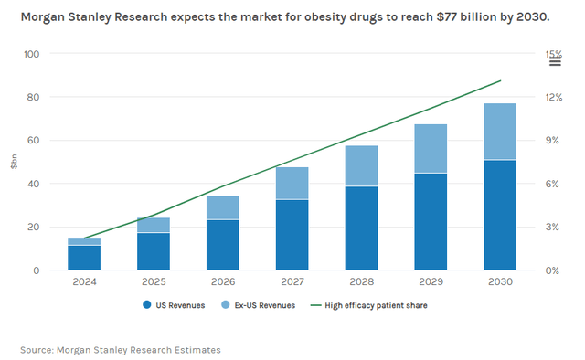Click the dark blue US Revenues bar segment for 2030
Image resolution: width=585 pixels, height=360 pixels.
pyautogui.click(x=500, y=215)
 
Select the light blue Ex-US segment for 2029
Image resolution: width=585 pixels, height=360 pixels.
pyautogui.click(x=431, y=148)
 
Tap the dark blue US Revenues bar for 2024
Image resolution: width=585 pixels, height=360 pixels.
pyautogui.click(x=84, y=258)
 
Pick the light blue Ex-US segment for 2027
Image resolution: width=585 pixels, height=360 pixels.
pyautogui.click(x=292, y=183)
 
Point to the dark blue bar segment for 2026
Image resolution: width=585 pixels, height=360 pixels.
pyautogui.click(x=222, y=244)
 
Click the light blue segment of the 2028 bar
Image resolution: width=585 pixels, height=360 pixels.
pyautogui.click(x=361, y=165)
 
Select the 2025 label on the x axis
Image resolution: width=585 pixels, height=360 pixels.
pyautogui.click(x=153, y=282)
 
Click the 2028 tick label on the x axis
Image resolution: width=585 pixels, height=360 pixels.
pyautogui.click(x=361, y=282)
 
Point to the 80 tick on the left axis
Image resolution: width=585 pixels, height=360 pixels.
pyautogui.click(x=33, y=97)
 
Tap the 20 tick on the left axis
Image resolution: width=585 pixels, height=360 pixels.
pyautogui.click(x=33, y=227)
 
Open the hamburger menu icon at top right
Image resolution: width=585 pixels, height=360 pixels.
pyautogui.click(x=554, y=61)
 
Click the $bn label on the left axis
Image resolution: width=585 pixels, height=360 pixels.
pyautogui.click(x=14, y=162)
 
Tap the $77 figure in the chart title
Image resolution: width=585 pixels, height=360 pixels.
pyautogui.click(x=420, y=18)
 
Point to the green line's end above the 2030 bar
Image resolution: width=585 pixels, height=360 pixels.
pyautogui.click(x=500, y=80)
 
